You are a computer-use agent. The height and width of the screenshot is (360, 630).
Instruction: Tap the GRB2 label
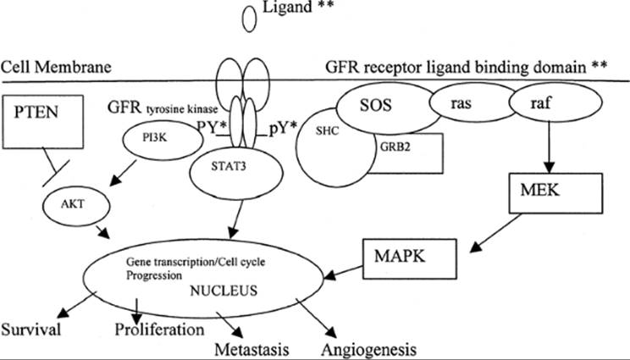pos(395,147)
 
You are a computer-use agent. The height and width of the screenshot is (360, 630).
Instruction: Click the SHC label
pos(327,131)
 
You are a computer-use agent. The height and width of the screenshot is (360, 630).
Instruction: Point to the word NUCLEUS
pos(224,291)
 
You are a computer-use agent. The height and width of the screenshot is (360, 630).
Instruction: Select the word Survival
pos(31,330)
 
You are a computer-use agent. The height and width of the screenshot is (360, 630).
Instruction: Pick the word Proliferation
pos(159,330)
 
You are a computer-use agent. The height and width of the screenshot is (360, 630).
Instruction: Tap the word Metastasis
pos(252,349)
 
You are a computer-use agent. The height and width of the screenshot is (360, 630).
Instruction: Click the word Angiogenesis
pos(368,350)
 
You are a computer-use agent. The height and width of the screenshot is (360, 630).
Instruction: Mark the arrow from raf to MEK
pos(550,147)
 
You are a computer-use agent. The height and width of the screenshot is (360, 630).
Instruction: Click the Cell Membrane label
pos(56,67)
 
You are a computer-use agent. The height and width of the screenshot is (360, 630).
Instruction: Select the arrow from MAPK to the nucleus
pos(344,271)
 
